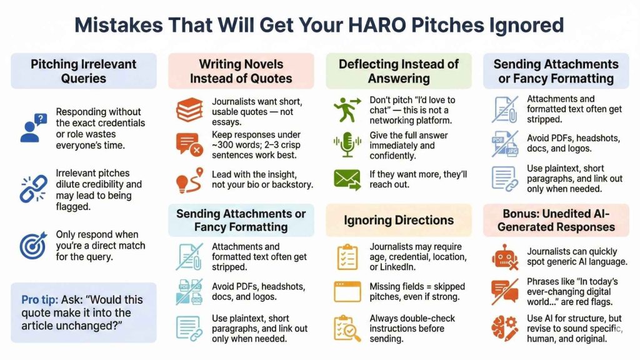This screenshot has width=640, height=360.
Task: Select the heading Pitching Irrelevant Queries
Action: pos(84,71)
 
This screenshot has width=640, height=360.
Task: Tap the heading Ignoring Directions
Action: pos(399,220)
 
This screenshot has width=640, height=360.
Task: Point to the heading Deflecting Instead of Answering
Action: pos(399,71)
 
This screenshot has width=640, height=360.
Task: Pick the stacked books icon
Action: pos(189,111)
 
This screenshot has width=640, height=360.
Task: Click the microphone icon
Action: pos(347,146)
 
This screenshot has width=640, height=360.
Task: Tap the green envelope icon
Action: pos(347,179)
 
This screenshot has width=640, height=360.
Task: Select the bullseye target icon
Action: pos(32,246)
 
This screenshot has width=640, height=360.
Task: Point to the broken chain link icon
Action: pos(32,188)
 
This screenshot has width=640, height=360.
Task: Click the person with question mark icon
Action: pos(32,127)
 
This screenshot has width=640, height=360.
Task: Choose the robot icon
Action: pos(504,257)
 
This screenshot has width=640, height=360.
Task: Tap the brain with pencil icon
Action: pos(504,328)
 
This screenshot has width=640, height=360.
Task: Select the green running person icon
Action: pos(347,111)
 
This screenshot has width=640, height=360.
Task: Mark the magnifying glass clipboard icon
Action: pos(347,327)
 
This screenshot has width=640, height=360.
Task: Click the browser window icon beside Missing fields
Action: pos(347,292)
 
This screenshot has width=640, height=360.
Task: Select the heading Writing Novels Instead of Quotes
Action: pos(241,71)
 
